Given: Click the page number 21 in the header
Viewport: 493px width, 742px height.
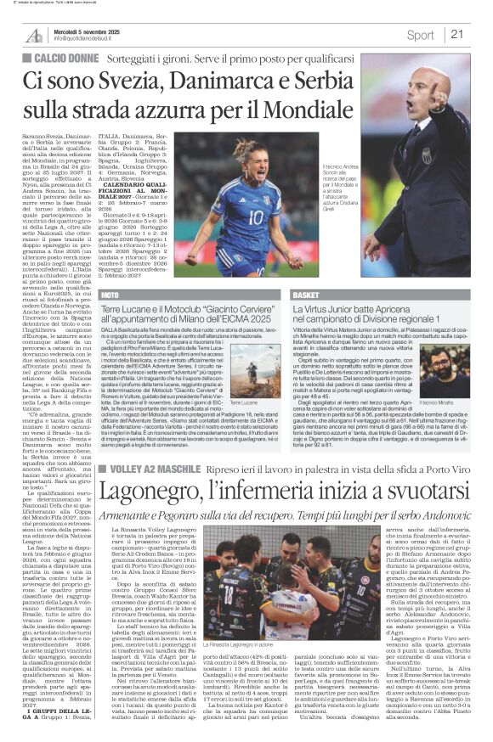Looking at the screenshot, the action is [x=457, y=34].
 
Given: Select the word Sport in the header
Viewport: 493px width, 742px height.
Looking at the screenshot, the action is [x=419, y=35].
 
